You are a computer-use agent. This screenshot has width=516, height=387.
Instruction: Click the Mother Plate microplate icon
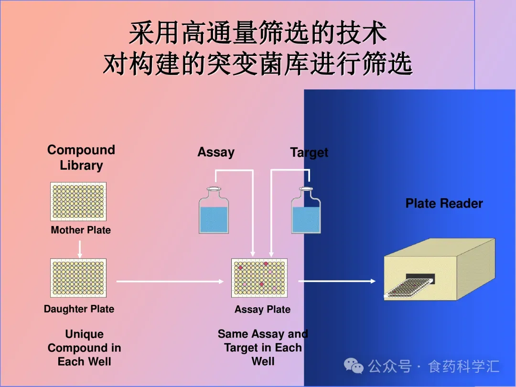(78, 201)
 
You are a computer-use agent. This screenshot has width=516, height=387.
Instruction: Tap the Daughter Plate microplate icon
(78, 278)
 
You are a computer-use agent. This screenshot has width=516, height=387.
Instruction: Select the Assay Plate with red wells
(259, 278)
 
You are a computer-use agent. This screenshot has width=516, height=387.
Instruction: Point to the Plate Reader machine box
(440, 270)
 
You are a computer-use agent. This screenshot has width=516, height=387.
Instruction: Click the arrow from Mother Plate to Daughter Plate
(80, 249)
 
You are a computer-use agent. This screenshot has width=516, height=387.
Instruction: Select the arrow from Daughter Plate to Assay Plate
(170, 281)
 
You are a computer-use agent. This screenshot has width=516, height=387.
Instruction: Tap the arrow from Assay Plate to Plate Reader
(337, 281)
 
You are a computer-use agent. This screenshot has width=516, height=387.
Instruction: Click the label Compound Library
(81, 158)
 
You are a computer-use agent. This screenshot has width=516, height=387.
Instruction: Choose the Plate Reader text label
(444, 204)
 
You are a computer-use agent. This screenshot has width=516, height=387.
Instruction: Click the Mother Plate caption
(81, 230)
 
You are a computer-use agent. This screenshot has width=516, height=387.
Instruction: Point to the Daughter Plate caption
(79, 309)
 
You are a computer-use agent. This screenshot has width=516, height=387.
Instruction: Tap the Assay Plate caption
(262, 310)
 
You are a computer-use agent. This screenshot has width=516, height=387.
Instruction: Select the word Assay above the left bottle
(216, 152)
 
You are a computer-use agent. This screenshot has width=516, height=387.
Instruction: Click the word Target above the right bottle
(309, 152)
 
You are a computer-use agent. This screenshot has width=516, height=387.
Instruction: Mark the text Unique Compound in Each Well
(84, 348)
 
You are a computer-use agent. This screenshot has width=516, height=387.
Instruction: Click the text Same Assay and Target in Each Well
(263, 347)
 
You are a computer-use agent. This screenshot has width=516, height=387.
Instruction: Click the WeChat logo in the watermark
(354, 366)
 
